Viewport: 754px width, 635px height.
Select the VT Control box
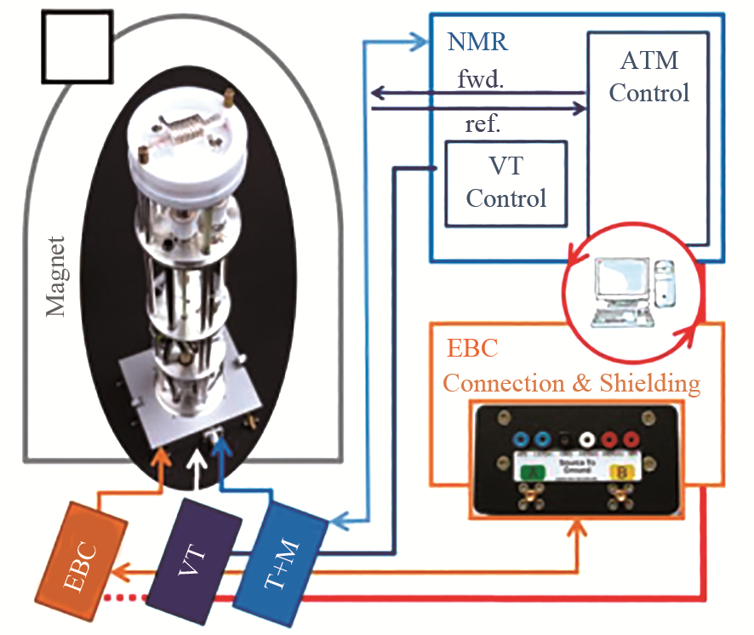pos(506,183)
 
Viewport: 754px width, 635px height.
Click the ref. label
pos(483,124)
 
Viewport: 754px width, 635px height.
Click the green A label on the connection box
pos(533,469)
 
